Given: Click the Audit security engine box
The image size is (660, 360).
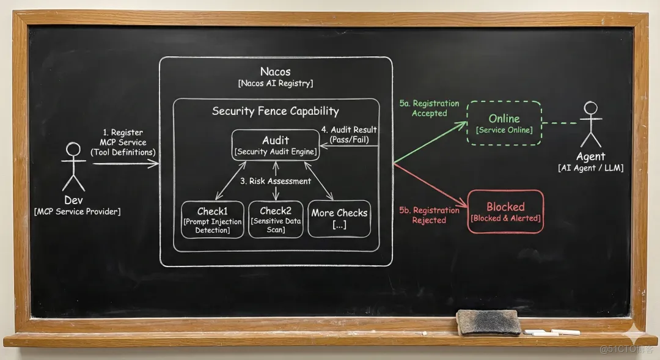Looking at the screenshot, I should [x=275, y=145].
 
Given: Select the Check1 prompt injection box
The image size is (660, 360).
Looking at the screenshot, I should [x=212, y=219].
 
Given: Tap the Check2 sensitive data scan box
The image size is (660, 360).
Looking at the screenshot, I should [x=276, y=219].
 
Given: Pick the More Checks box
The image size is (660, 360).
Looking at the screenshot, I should [x=339, y=219].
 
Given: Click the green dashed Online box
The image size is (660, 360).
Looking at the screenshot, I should [x=504, y=123].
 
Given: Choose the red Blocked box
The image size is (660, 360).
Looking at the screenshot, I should [x=505, y=211].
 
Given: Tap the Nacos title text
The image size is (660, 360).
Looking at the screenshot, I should [x=275, y=72].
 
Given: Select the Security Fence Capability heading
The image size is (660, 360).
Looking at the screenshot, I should [x=275, y=111].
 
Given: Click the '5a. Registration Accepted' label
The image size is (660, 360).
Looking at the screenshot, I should [x=429, y=109].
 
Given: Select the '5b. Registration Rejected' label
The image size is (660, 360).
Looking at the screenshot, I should [x=429, y=215].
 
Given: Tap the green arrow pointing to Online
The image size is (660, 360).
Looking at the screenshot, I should [x=431, y=143].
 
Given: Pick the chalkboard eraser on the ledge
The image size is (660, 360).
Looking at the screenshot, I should [x=488, y=321].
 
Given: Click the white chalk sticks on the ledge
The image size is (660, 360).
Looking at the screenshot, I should [x=553, y=332].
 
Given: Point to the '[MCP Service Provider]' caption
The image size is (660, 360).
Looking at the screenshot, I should [x=77, y=211].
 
